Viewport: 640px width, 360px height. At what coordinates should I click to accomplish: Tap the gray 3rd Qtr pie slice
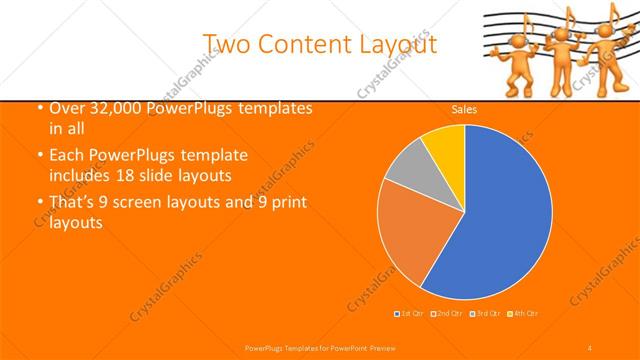click(407, 167)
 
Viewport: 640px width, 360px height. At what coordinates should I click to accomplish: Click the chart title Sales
click(463, 109)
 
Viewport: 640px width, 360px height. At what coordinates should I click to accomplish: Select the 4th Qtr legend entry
click(524, 314)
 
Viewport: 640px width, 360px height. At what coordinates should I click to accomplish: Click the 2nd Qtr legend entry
click(447, 314)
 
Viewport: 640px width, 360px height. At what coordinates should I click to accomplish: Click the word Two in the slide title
click(225, 43)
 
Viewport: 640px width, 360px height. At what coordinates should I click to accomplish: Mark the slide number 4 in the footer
click(591, 346)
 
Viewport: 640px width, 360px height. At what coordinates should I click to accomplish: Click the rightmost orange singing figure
click(605, 60)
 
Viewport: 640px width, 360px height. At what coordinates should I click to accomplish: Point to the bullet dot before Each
click(38, 157)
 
